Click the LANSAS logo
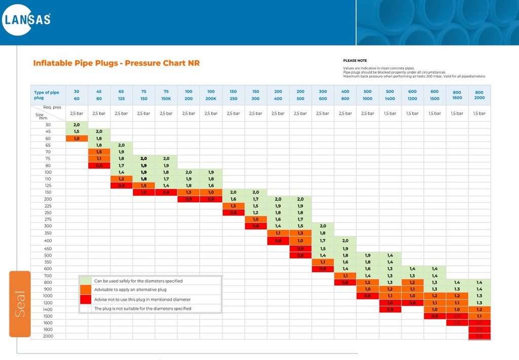(27, 19)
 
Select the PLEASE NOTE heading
(355, 60)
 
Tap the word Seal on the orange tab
(20, 304)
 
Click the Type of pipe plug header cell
(47, 95)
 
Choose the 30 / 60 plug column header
(77, 95)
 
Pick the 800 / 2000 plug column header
(479, 95)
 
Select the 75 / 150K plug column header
(166, 95)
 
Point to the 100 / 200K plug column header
(211, 95)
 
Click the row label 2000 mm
(48, 336)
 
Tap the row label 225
(48, 206)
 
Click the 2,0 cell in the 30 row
(77, 125)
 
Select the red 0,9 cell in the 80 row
(99, 165)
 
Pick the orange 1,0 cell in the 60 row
(77, 138)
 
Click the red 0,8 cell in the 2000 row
(479, 336)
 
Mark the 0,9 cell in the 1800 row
(479, 330)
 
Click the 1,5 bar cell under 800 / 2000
(479, 114)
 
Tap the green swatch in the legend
(86, 280)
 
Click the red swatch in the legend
(86, 299)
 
